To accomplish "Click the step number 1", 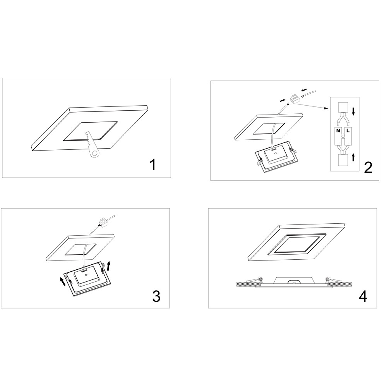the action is point(153,165).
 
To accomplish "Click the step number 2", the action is point(368,168).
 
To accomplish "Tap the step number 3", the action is point(156,296).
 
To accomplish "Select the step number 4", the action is point(363,296).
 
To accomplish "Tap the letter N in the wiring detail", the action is point(338,131).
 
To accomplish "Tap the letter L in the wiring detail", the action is point(348,131).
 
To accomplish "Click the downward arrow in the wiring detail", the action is point(353,111).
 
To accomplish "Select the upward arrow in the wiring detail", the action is point(353,157).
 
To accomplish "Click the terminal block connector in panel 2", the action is point(295,99).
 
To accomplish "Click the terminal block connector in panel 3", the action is point(103,222).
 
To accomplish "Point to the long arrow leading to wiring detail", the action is point(313,106).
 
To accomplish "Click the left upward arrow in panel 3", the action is point(63,281).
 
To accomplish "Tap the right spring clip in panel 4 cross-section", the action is point(333,280).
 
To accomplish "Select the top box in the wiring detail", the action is point(343,107).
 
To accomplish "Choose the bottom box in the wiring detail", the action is point(343,161).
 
